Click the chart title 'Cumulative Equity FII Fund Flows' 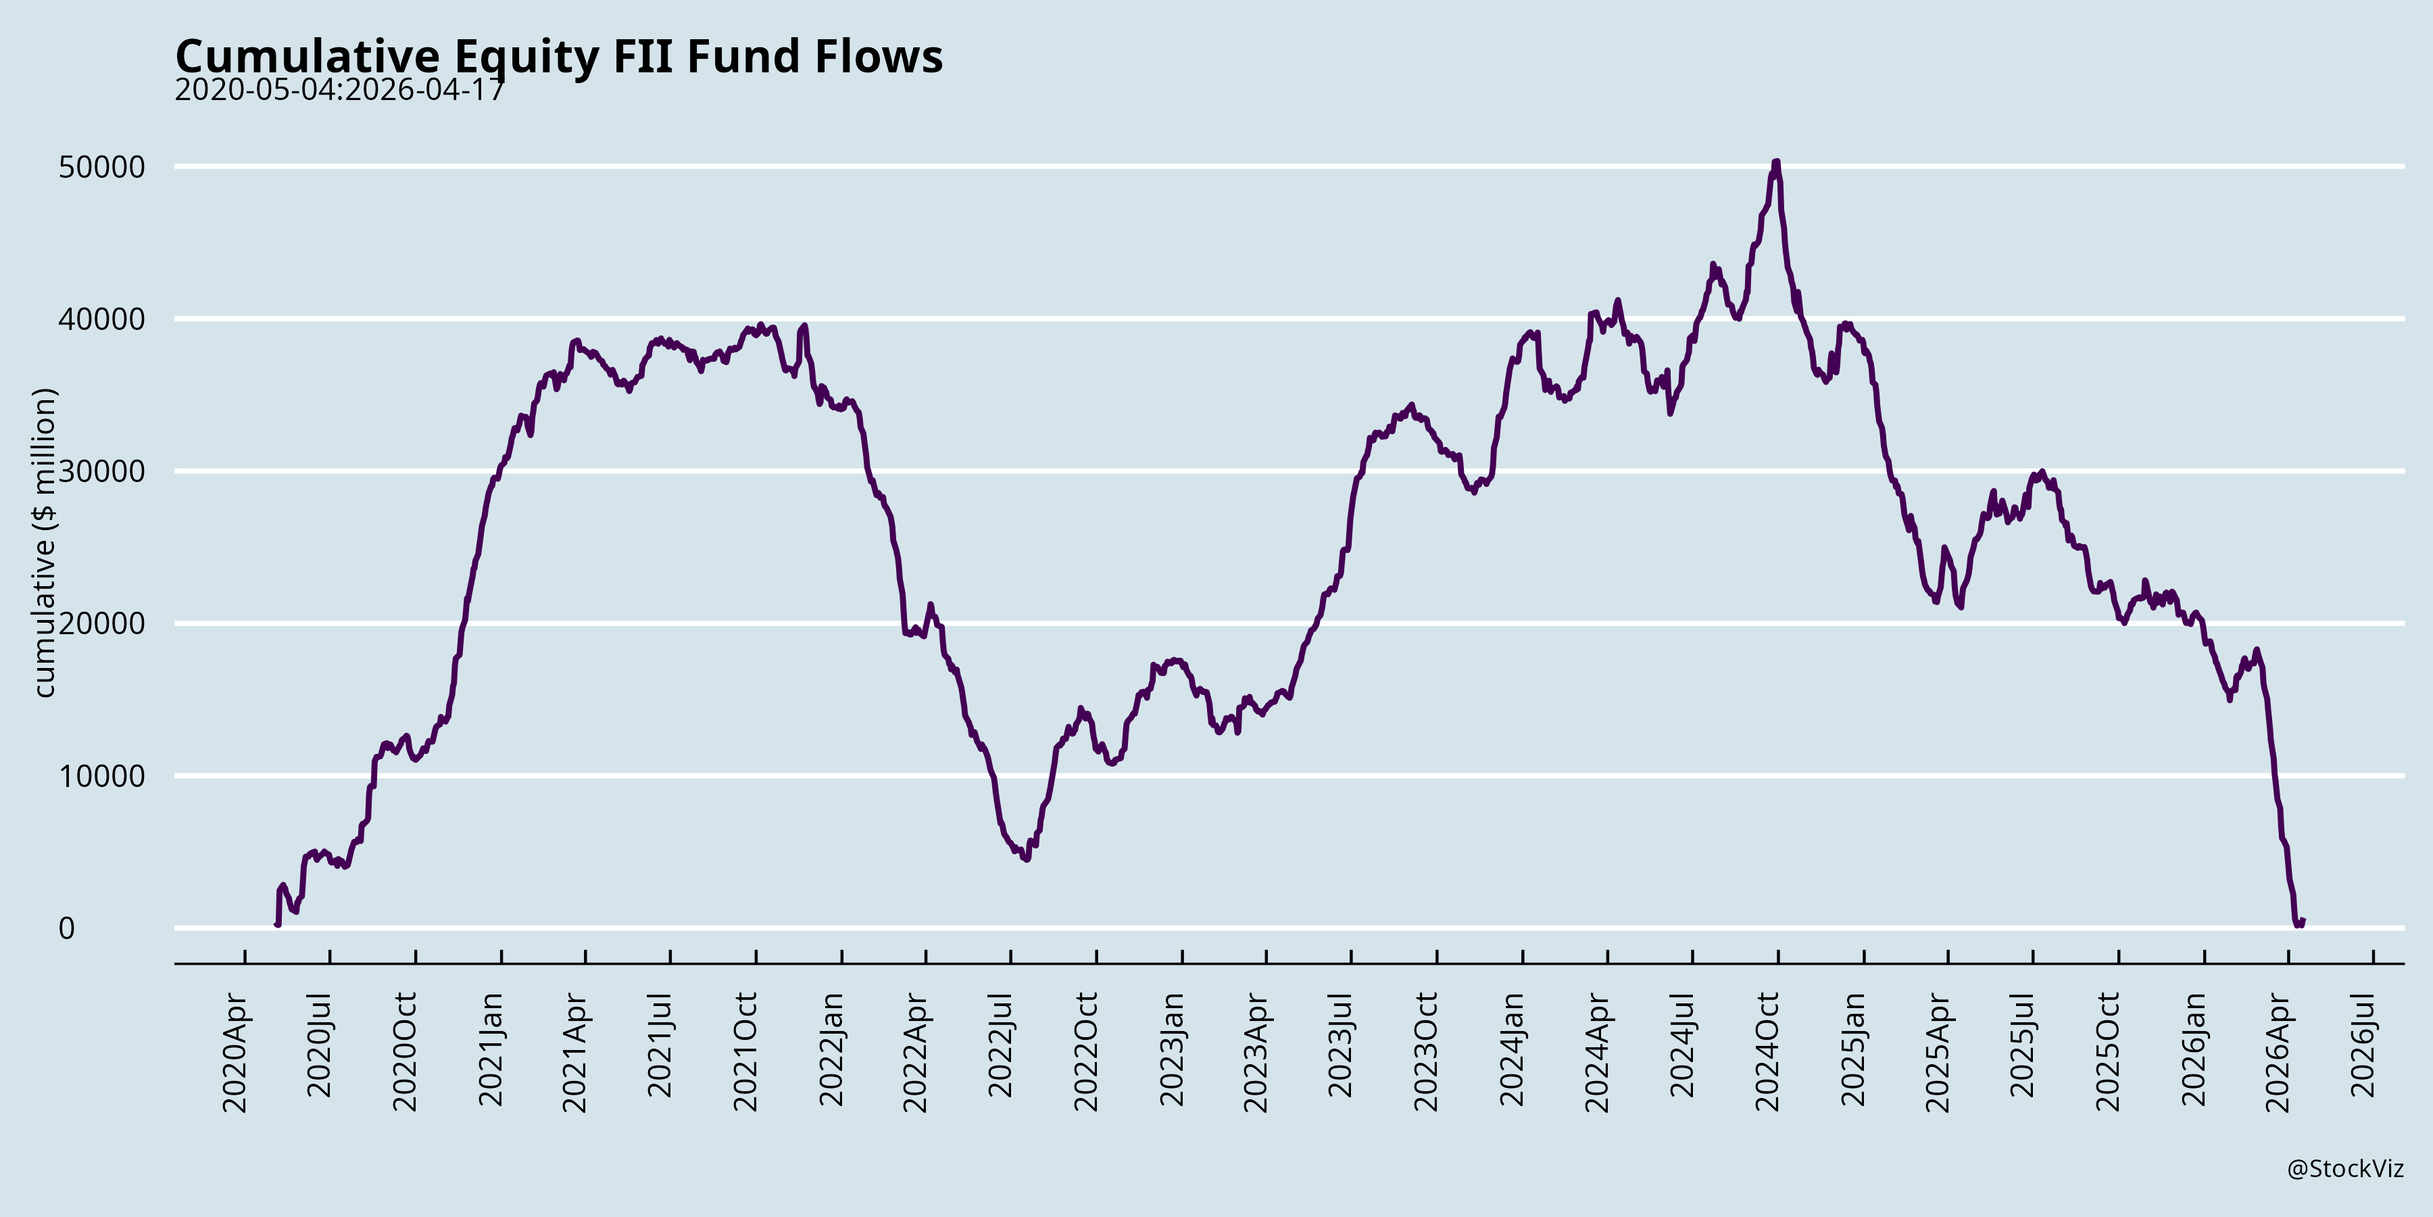point(559,57)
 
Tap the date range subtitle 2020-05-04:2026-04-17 point(340,90)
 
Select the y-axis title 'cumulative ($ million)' point(45,544)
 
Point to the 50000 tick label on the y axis point(102,167)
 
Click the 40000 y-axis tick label point(102,319)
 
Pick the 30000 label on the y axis point(102,471)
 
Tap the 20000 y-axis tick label point(102,623)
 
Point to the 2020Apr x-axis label point(235,1051)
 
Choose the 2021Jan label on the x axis point(490,1049)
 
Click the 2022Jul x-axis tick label point(1000,1045)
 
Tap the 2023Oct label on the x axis point(1426,1051)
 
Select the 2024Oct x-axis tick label point(1767,1051)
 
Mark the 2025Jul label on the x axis point(2022,1045)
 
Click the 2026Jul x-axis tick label point(2363,1045)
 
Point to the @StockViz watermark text point(2345,1170)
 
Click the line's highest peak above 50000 point(1777,162)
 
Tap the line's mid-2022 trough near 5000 point(1026,859)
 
